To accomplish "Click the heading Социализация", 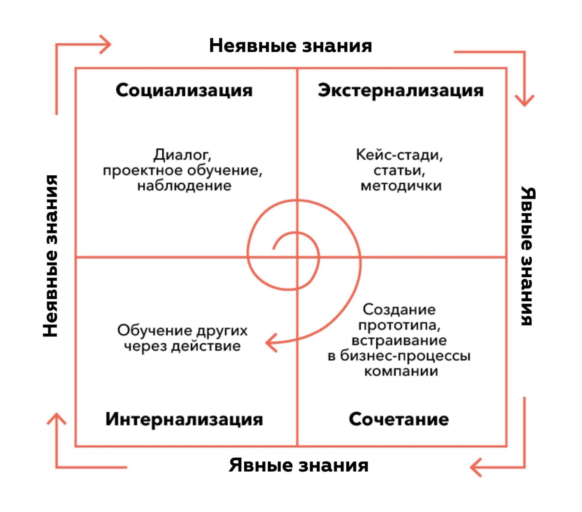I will tap(184, 90).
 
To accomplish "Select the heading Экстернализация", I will tap(400, 90).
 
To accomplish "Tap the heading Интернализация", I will tap(184, 419).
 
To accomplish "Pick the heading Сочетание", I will tap(398, 419).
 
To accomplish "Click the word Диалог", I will tap(182, 155).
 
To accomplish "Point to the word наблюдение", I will tap(184, 185).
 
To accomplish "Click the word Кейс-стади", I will tap(399, 155).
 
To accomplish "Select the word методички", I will tap(401, 185).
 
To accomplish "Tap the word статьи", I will tap(399, 170).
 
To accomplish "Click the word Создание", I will tap(399, 310).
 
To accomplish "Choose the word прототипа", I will tap(399, 325).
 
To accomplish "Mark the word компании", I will tap(401, 371).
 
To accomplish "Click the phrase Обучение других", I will tap(182, 330).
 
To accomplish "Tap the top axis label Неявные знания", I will tap(290, 46).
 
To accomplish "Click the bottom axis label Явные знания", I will tap(299, 465).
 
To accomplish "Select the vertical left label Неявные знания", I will tap(51, 256).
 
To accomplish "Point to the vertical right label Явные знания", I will tap(528, 256).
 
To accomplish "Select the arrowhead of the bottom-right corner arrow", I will tap(474, 467).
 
